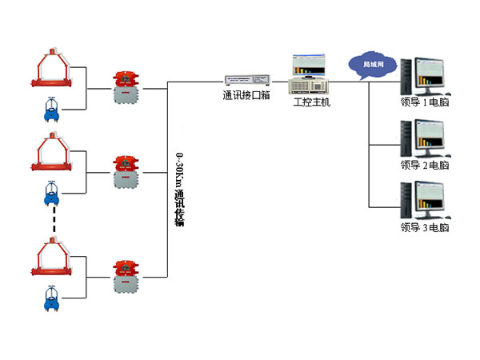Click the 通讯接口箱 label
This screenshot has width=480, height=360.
[246, 94]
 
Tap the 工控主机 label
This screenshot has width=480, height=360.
[311, 102]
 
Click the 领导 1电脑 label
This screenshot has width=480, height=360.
[425, 102]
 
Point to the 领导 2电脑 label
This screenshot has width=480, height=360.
[425, 165]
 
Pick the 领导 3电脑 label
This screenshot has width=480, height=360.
[425, 227]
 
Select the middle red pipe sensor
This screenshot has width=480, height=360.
[50, 156]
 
